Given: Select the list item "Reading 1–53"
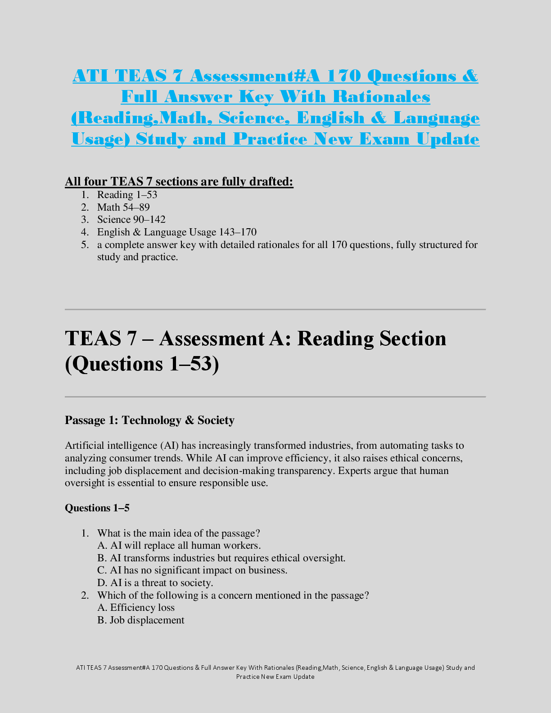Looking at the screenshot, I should click(127, 195).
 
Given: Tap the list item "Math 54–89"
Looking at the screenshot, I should click(123, 208).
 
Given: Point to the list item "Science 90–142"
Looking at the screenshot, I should click(131, 220).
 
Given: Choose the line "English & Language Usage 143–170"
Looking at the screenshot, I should click(176, 232).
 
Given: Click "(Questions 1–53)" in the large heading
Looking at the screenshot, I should click(142, 364).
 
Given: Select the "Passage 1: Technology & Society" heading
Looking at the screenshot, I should click(149, 420).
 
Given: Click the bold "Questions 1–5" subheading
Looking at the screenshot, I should click(97, 508).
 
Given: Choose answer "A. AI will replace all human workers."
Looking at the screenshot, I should click(179, 546).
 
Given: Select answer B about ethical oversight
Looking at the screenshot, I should click(221, 558).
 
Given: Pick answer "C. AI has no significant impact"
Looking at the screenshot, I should click(192, 570).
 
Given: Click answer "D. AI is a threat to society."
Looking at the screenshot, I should click(155, 583).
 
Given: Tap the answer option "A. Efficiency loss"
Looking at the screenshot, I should click(136, 608).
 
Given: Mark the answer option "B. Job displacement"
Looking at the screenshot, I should click(141, 620).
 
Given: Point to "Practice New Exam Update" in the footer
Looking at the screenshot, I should click(275, 677).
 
